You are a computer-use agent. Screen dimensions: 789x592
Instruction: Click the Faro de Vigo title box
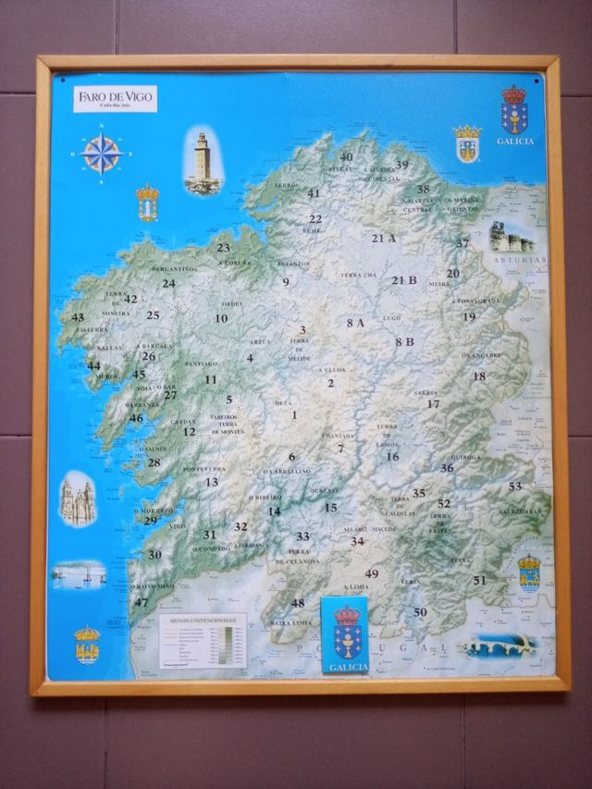116,97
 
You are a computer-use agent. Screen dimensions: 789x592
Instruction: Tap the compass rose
102,154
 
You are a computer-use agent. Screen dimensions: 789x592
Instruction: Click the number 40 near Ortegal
346,157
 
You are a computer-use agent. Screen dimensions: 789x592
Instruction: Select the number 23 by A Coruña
223,248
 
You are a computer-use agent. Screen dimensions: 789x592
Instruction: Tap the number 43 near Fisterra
78,317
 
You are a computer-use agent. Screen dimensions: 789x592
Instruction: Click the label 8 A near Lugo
355,323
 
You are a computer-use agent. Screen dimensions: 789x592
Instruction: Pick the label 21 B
404,280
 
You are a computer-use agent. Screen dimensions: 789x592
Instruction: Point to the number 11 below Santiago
211,379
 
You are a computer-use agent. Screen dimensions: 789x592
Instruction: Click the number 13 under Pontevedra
212,482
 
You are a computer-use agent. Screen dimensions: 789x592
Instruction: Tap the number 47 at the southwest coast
141,602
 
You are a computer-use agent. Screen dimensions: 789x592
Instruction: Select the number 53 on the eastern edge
514,487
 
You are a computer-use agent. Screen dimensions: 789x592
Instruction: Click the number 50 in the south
420,611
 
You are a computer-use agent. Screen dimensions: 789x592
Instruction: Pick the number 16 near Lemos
392,456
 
